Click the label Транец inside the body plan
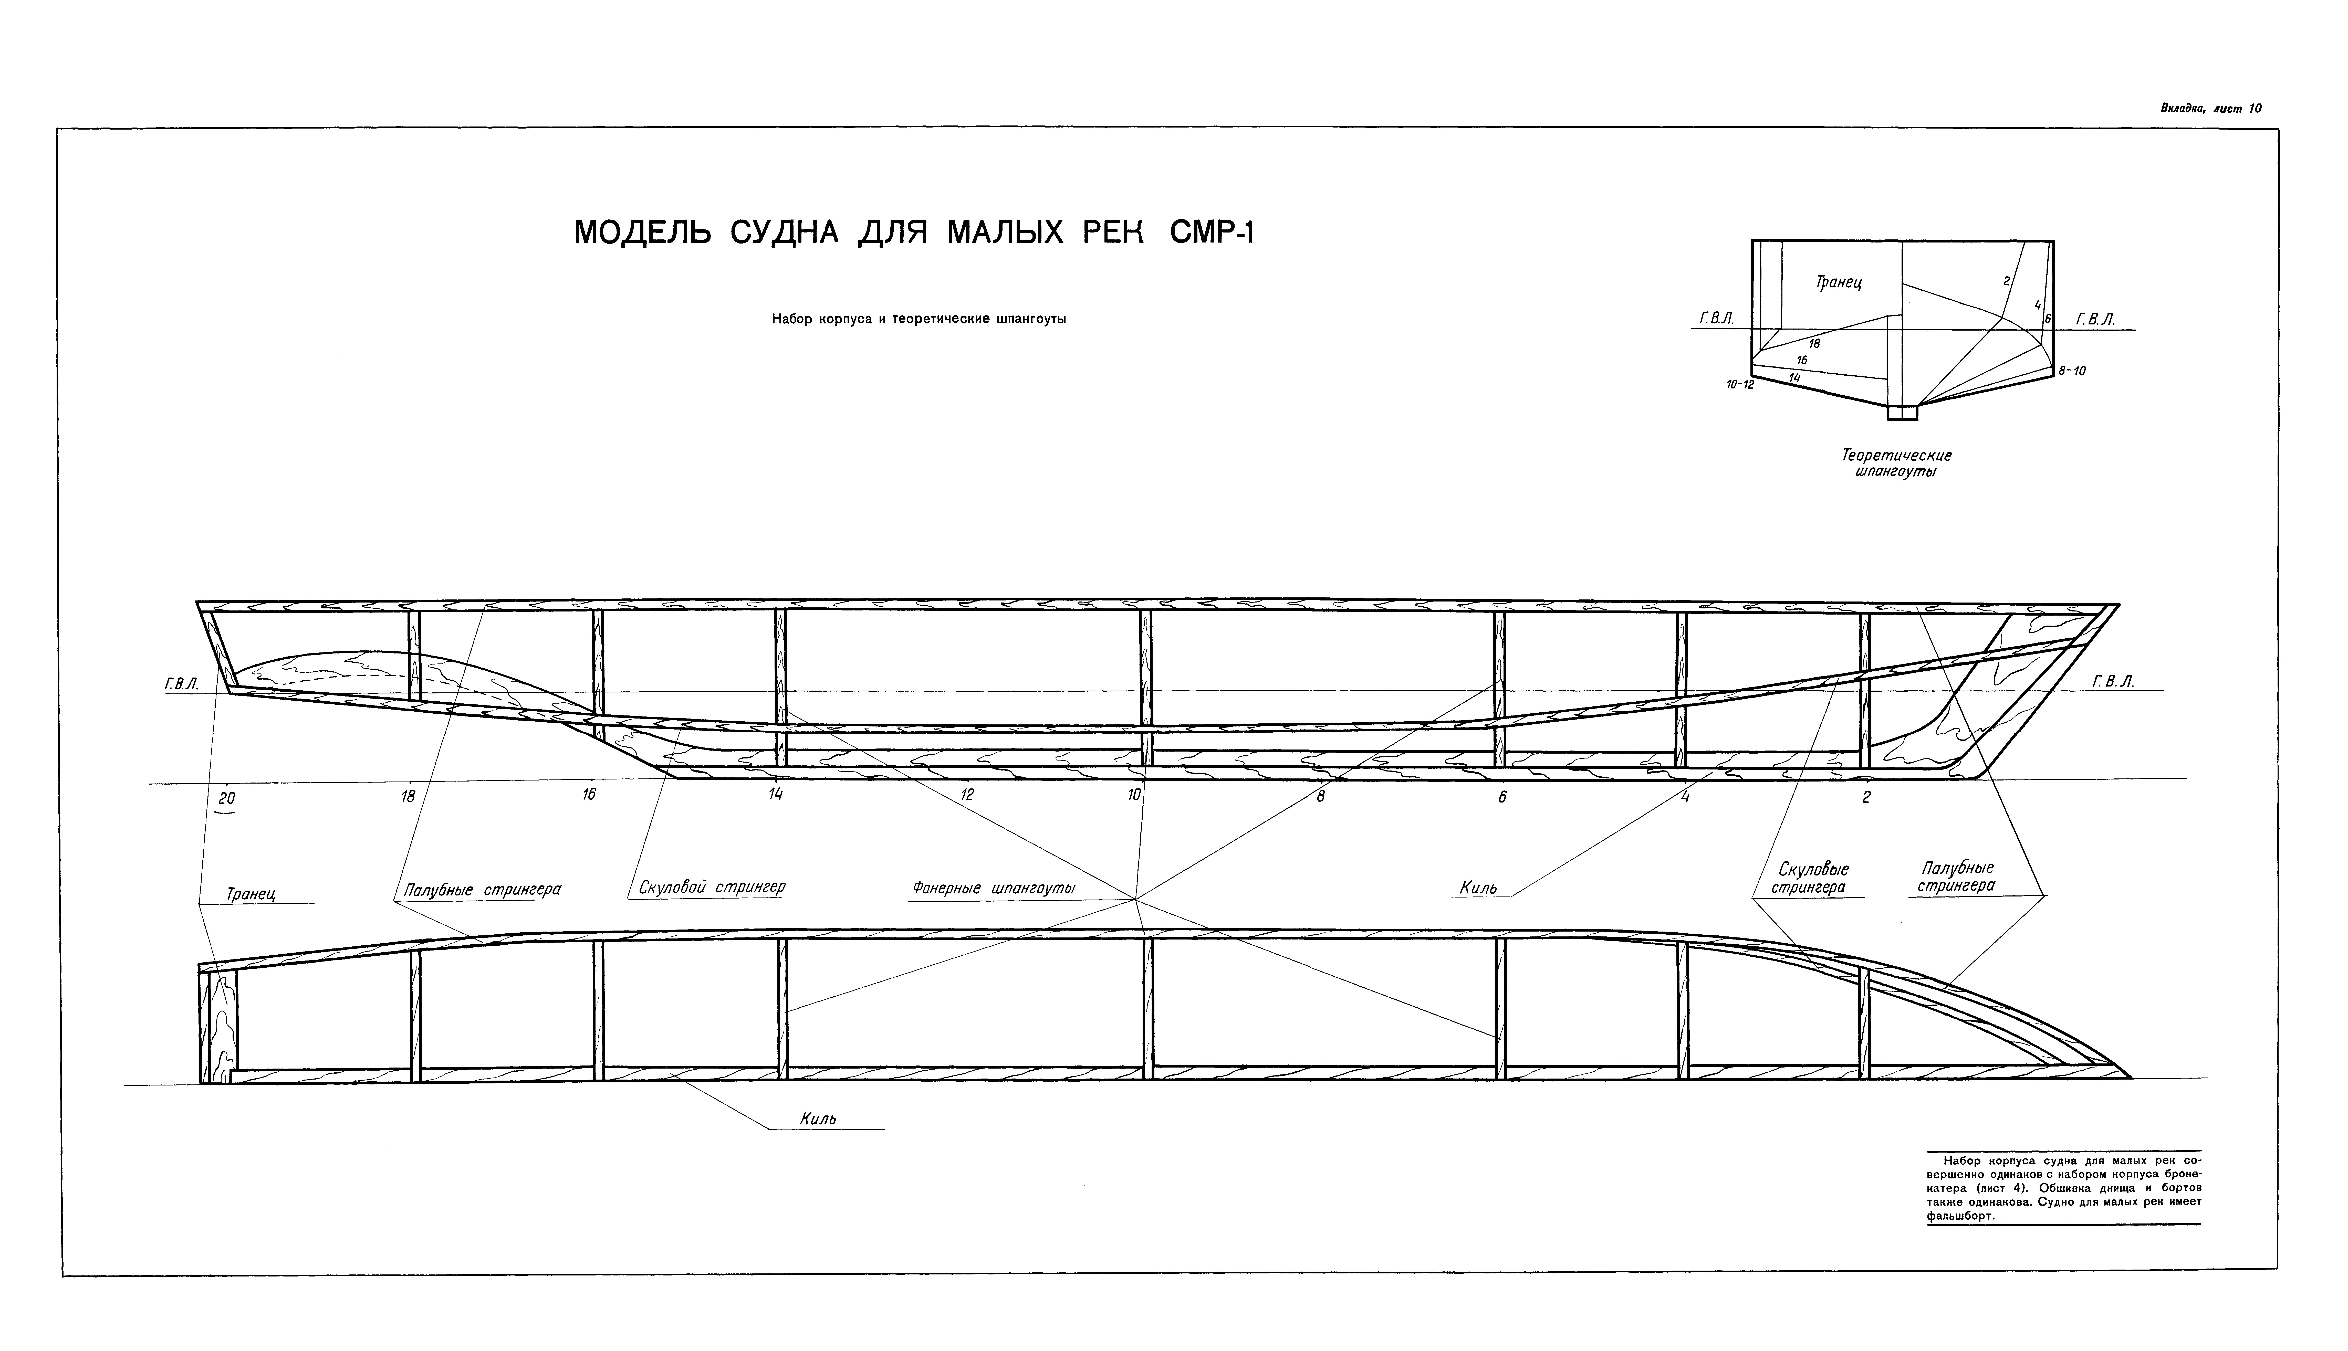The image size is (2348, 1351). pyautogui.click(x=1839, y=282)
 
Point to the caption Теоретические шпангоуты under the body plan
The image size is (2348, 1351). pyautogui.click(x=1896, y=463)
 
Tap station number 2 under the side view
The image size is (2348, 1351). pyautogui.click(x=1866, y=797)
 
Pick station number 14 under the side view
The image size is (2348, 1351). pyautogui.click(x=776, y=794)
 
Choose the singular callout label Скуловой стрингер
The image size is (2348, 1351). pyautogui.click(x=712, y=887)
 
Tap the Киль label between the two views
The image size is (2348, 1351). pyautogui.click(x=1477, y=888)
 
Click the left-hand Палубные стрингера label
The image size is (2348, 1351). pyautogui.click(x=483, y=890)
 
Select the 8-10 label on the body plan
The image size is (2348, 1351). pyautogui.click(x=2071, y=371)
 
